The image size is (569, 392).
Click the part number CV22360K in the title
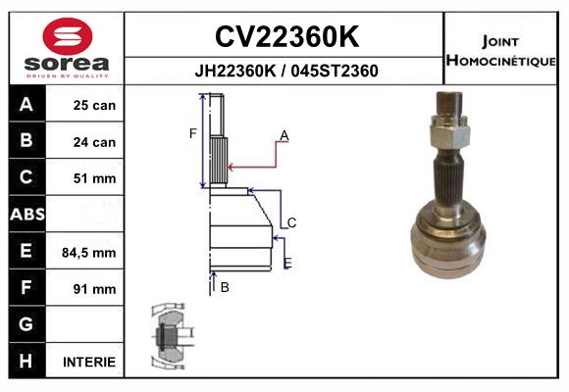(285, 37)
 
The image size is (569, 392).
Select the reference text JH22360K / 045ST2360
(285, 71)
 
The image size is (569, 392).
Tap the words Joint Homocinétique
(501, 50)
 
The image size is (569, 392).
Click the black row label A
(26, 105)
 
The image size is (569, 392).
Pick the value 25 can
(94, 105)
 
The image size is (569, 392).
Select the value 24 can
(94, 142)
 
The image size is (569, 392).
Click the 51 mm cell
(94, 178)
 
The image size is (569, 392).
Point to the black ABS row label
(26, 215)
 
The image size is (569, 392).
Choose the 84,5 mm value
(89, 253)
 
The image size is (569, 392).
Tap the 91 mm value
(94, 289)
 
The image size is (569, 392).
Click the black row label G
(26, 324)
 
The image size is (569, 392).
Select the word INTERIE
(89, 362)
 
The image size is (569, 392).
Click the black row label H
(26, 362)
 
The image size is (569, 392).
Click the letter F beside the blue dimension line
(193, 132)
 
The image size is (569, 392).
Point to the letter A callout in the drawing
(284, 135)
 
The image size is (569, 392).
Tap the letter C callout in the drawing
(291, 222)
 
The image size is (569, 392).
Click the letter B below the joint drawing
(225, 287)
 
